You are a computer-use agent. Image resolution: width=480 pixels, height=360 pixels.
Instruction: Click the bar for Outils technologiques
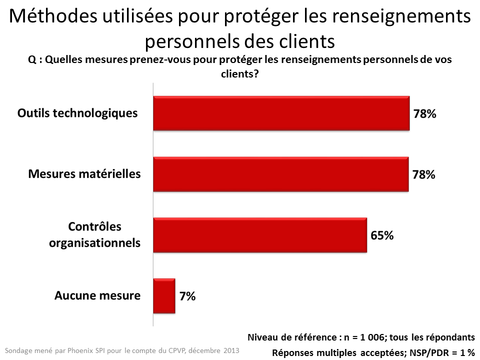pyautogui.click(x=281, y=113)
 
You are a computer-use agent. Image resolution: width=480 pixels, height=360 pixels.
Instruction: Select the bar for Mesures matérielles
pyautogui.click(x=280, y=174)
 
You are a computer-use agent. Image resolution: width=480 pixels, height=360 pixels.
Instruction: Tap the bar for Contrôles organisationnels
pyautogui.click(x=260, y=235)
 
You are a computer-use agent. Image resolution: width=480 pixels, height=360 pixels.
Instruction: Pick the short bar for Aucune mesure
pyautogui.click(x=164, y=296)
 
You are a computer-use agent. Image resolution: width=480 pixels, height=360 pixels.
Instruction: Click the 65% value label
pyautogui.click(x=382, y=235)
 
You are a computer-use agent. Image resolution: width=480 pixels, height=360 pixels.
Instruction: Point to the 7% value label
pyautogui.click(x=187, y=296)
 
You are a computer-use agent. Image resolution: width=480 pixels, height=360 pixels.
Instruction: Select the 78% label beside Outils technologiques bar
pyautogui.click(x=424, y=113)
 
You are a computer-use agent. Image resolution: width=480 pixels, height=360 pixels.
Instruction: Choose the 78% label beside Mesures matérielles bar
pyautogui.click(x=423, y=174)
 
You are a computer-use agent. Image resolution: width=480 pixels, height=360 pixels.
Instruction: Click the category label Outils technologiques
pyautogui.click(x=77, y=113)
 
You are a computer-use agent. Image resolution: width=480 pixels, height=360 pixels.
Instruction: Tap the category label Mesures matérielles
pyautogui.click(x=84, y=174)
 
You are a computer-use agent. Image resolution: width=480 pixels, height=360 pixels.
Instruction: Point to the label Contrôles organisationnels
pyautogui.click(x=95, y=235)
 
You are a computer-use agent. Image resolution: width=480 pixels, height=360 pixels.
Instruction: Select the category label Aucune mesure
pyautogui.click(x=97, y=295)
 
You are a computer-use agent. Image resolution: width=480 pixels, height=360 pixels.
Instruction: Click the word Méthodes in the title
pyautogui.click(x=47, y=17)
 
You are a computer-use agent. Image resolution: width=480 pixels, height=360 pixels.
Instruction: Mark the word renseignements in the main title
pyautogui.click(x=402, y=17)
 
